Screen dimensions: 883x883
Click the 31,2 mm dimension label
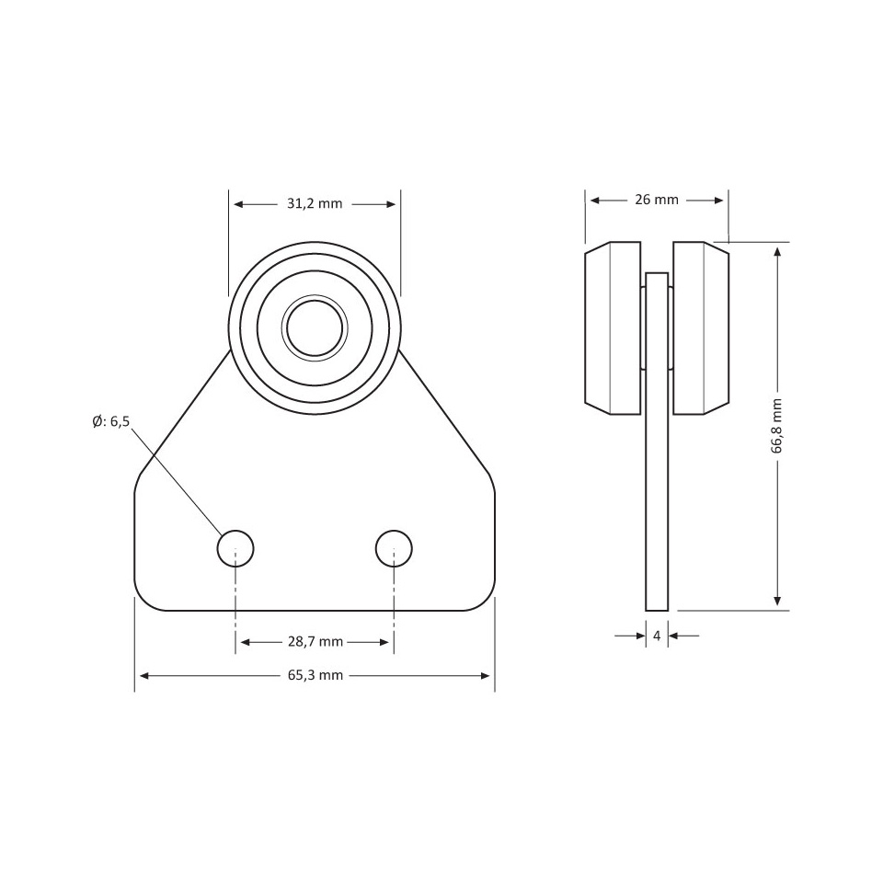[x=315, y=204]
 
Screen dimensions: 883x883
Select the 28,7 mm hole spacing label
[x=315, y=642]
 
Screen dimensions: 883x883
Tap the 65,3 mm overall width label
[x=315, y=676]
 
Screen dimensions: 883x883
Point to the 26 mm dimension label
[x=657, y=200]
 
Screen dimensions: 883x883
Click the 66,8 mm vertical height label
[x=777, y=426]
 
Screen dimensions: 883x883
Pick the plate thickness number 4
[x=657, y=636]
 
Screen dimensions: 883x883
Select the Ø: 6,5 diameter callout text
[x=111, y=421]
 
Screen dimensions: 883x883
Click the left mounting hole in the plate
[x=235, y=548]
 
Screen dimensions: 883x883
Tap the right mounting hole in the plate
[x=394, y=548]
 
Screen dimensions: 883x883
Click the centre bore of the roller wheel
[x=315, y=327]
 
